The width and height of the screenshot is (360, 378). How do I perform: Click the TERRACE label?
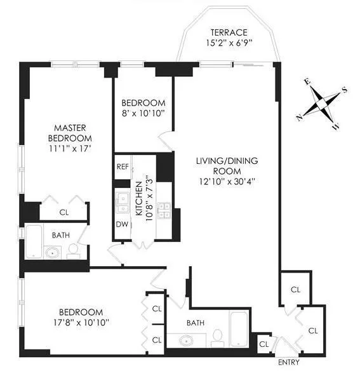click(229, 32)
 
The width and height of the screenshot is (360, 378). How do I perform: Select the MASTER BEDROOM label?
click(70, 133)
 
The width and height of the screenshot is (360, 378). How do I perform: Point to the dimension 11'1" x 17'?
click(70, 149)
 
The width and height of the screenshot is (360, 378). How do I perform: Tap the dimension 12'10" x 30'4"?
click(226, 181)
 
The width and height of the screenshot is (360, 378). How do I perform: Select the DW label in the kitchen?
click(123, 224)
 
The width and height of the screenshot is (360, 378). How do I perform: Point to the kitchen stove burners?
click(163, 210)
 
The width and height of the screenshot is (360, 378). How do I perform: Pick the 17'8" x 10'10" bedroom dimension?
click(81, 323)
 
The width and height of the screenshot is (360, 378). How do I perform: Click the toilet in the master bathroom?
click(73, 249)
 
